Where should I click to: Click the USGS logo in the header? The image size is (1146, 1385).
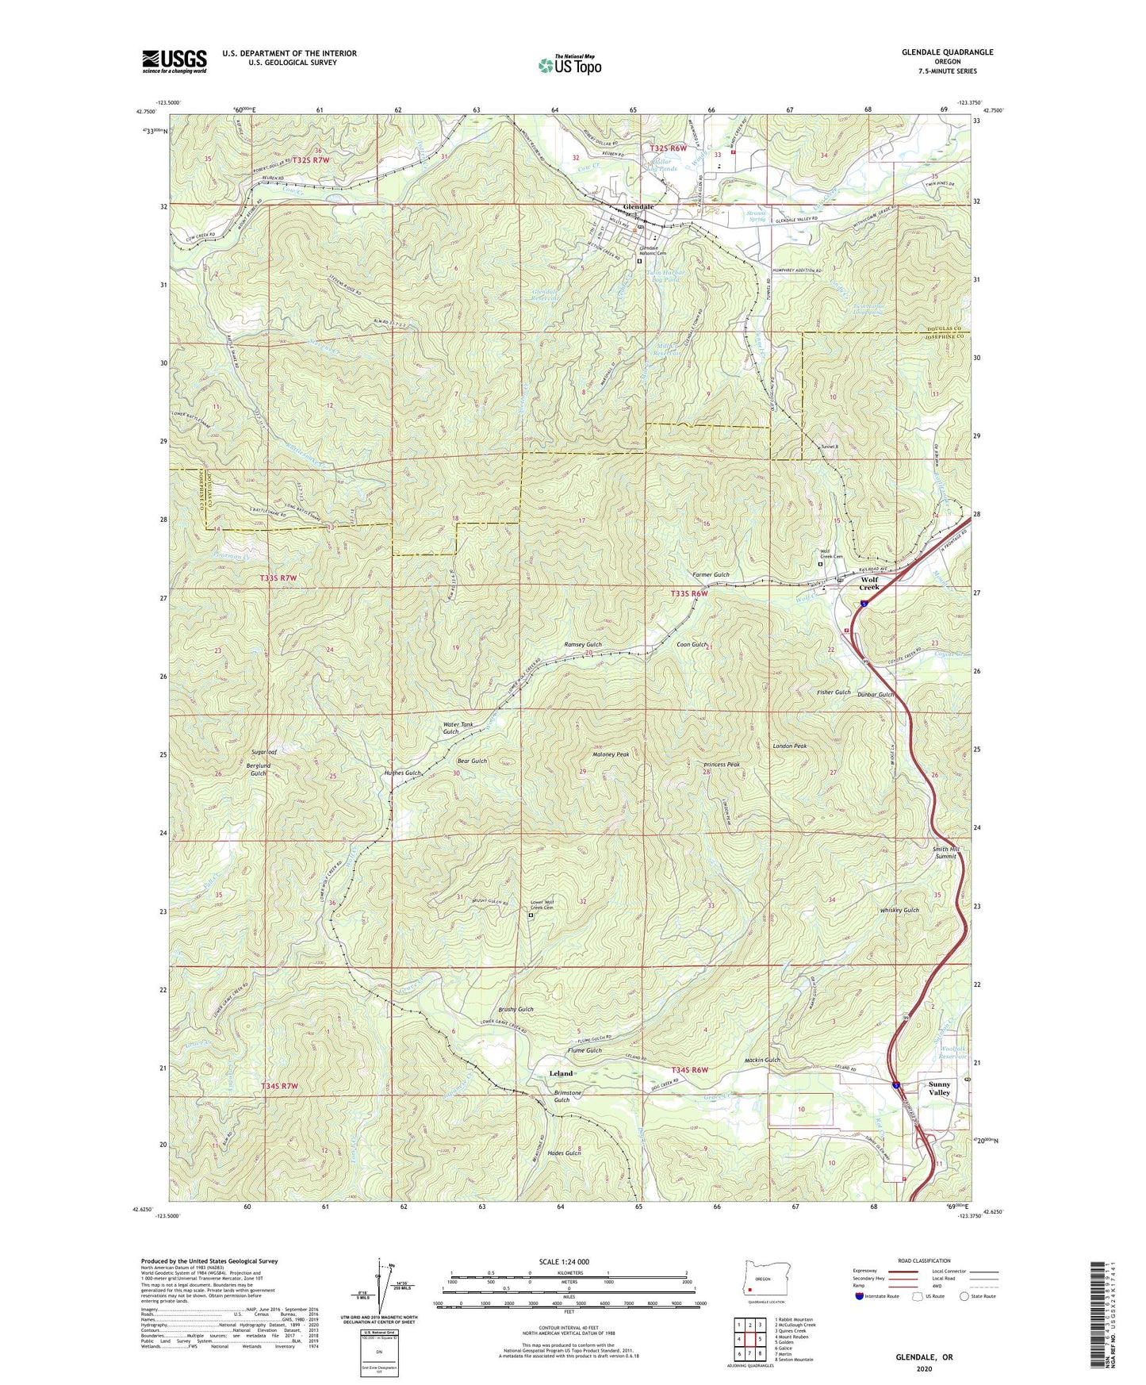coord(174,61)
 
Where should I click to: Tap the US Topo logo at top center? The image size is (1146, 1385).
coord(569,65)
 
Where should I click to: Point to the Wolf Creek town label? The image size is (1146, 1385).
coord(869,583)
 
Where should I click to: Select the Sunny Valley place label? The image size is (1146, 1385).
coord(939,1088)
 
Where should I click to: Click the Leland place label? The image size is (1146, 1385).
coord(561,1073)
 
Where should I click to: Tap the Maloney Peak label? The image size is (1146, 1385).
coord(611,754)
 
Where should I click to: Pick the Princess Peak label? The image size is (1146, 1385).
coord(721,765)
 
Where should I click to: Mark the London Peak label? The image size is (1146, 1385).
coord(789,746)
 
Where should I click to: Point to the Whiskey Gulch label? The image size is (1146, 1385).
coord(899,910)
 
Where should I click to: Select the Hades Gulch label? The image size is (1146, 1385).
coord(562,1153)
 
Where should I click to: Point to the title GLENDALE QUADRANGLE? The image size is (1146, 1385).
coord(947,52)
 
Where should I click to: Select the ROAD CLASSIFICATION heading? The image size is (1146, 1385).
coord(923,1260)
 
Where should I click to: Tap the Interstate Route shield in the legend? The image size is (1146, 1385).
coord(860,1296)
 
